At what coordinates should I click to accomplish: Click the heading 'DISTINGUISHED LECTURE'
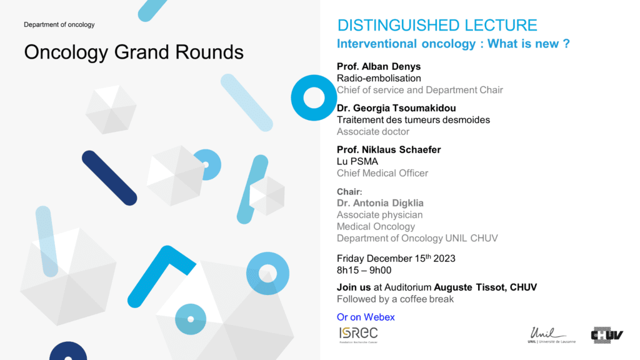[x=437, y=25]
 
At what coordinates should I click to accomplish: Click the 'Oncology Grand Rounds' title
[x=134, y=52]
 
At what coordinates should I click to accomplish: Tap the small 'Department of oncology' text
[x=59, y=24]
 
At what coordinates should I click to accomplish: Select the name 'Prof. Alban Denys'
[x=378, y=66]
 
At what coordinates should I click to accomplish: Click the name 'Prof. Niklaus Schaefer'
[x=389, y=150]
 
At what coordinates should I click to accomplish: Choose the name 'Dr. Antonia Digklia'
[x=380, y=203]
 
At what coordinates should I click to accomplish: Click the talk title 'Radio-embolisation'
[x=379, y=78]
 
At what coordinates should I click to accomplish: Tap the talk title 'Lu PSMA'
[x=357, y=162]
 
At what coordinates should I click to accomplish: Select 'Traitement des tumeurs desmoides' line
[x=413, y=120]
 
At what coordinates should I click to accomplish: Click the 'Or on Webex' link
[x=366, y=317]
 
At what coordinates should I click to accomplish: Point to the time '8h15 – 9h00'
[x=364, y=270]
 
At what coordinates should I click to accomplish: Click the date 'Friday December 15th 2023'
[x=396, y=258]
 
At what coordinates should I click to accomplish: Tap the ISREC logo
[x=358, y=335]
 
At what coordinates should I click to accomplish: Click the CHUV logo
[x=607, y=335]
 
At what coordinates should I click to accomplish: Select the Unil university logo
[x=551, y=335]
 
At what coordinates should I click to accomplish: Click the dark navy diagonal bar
[x=109, y=178]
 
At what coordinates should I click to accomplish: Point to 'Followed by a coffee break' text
[x=395, y=299]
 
